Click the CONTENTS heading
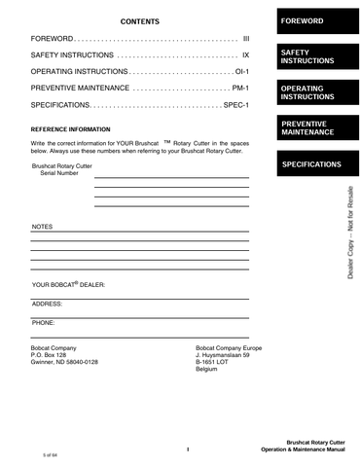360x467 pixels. coord(140,20)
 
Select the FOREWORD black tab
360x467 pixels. coord(313,20)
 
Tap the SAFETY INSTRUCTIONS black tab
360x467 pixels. coord(313,55)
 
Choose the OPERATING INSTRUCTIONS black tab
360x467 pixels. coord(313,92)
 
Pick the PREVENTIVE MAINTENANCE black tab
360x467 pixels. coord(313,127)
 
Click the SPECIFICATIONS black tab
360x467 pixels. coord(313,164)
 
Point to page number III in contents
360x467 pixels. coord(246,38)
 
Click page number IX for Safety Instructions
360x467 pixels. coord(246,55)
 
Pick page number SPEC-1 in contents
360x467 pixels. coord(236,105)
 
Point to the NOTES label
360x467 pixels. coord(42,227)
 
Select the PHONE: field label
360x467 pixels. coord(44,321)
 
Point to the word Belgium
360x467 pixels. coord(206,371)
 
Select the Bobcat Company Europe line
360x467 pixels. coord(229,347)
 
